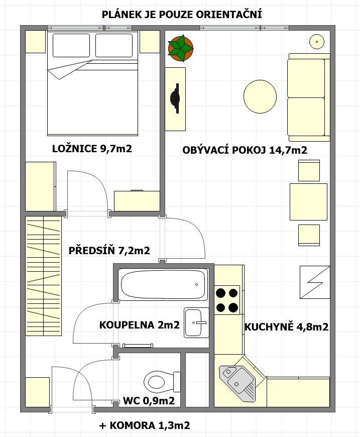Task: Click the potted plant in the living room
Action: pyautogui.click(x=181, y=48)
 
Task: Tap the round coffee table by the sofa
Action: pyautogui.click(x=260, y=97)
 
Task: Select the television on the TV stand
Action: pyautogui.click(x=175, y=98)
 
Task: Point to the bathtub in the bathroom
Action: pyautogui.click(x=163, y=284)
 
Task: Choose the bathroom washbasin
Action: pyautogui.click(x=196, y=323)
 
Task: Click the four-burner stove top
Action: pyautogui.click(x=227, y=300)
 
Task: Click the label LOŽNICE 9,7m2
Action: pyautogui.click(x=92, y=149)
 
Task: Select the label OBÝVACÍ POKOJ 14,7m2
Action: pyautogui.click(x=245, y=150)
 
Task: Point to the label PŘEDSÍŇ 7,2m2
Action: pyautogui.click(x=109, y=250)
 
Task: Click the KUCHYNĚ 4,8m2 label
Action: pyautogui.click(x=286, y=326)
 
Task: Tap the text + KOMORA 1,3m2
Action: pyautogui.click(x=144, y=425)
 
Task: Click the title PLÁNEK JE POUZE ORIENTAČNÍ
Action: pyautogui.click(x=182, y=15)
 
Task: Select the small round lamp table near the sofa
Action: pyautogui.click(x=317, y=42)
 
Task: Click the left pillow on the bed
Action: pyautogui.click(x=71, y=45)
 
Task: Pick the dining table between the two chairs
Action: pyautogui.click(x=308, y=202)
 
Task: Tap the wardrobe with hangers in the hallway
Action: pyautogui.click(x=43, y=276)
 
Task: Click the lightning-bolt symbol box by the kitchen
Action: pyautogui.click(x=315, y=282)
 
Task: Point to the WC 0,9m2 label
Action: pyautogui.click(x=149, y=401)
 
